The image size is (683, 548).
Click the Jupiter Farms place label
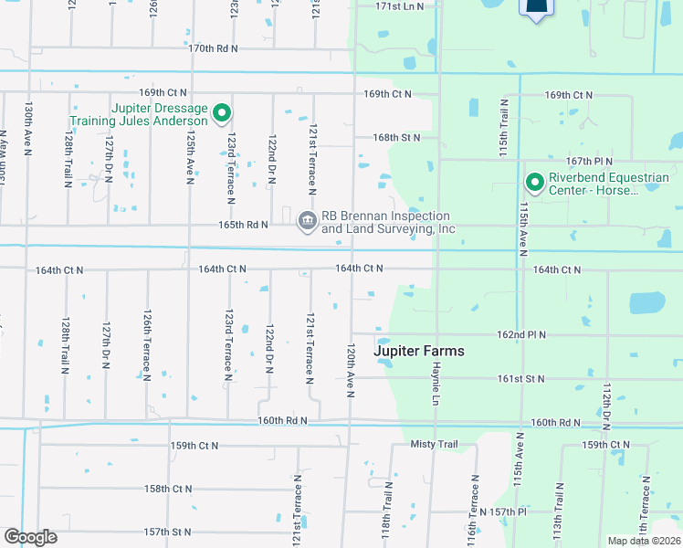pos(419,351)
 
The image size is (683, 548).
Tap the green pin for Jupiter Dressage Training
pos(221,114)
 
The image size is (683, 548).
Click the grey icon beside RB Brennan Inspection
pos(307,220)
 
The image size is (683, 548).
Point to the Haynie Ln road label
pos(436,375)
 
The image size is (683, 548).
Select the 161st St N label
pos(520,378)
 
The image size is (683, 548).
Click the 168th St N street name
pos(396,138)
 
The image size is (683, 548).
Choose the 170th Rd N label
pos(213,47)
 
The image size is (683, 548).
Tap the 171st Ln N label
pos(401,6)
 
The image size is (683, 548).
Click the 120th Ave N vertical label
pos(350,370)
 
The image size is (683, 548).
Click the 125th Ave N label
pos(190,156)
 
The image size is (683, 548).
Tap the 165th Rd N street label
pos(243,224)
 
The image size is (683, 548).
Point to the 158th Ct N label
pos(168,489)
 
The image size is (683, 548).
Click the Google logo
pos(30,537)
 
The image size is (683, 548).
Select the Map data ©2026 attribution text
pos(643,541)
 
